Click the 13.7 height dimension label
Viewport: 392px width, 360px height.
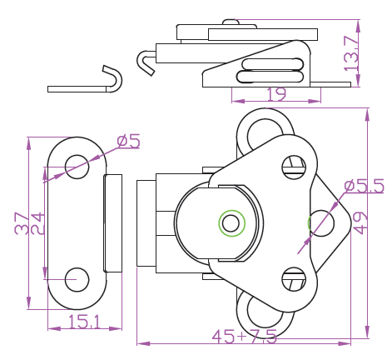[351, 53]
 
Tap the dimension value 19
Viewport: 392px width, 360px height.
[276, 94]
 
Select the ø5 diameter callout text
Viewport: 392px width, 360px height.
[128, 141]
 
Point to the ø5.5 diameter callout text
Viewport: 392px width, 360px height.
[364, 186]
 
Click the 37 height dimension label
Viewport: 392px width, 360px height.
[22, 223]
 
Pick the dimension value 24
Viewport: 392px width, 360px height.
[37, 223]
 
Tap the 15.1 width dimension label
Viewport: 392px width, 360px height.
[84, 322]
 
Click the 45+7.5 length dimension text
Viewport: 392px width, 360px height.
[245, 337]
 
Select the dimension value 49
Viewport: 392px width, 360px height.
[360, 223]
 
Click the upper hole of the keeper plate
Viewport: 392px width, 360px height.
[77, 167]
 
